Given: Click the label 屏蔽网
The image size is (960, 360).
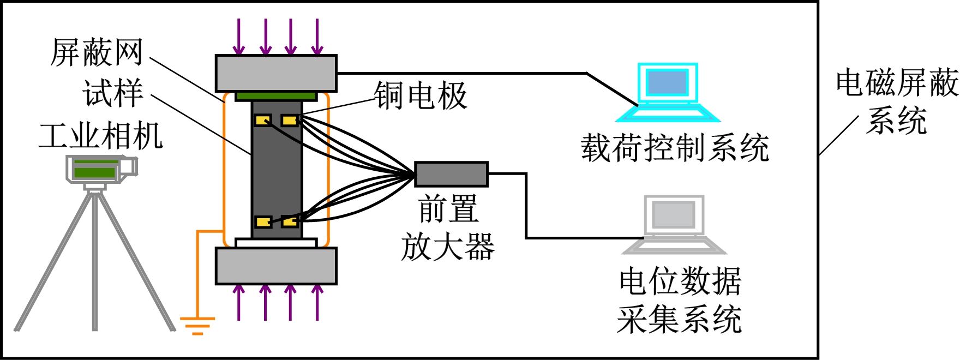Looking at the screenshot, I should coord(97,53).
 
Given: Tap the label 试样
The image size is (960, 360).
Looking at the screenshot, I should coord(113,93).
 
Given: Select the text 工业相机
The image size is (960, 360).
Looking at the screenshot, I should coord(101,136).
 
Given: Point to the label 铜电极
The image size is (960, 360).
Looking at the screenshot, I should coord(421,96).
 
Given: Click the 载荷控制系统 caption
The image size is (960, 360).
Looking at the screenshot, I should coord(675,148).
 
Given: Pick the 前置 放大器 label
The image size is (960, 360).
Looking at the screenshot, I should coord(448,228).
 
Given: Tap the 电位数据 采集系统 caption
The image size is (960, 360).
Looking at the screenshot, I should coord(680,300).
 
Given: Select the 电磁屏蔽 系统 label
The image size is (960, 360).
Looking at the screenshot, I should coord(897,101).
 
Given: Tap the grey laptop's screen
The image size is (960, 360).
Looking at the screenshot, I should coord(674,215).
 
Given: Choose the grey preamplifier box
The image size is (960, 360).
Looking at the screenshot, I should coord(451,175).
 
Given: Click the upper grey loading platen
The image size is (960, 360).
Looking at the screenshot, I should coord(276,73).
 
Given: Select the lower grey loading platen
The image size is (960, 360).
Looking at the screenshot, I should coord(276,266).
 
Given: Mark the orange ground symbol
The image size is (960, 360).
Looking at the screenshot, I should coord(197,325).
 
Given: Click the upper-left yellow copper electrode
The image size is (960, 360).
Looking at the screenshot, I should coord(263,120).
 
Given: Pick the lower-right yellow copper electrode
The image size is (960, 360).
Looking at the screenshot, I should coord(290,221).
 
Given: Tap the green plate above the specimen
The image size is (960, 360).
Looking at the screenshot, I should coord(276,97).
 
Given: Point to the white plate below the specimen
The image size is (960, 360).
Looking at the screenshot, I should coord(276,243).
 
